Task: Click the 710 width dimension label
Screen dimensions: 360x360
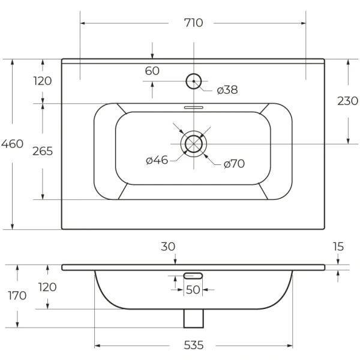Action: point(194,23)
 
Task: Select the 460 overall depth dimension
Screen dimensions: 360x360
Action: point(12,144)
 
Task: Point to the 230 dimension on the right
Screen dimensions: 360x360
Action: point(348,101)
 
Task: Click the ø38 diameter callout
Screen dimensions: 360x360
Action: point(227,90)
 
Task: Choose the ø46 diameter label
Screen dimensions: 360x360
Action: point(157,160)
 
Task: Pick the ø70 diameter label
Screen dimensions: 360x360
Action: point(233,163)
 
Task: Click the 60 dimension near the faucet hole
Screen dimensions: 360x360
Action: point(152,71)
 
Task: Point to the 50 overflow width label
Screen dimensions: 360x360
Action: point(193,290)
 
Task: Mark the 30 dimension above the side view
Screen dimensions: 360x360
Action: point(168,245)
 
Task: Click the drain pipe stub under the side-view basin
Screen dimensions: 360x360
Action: point(193,317)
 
